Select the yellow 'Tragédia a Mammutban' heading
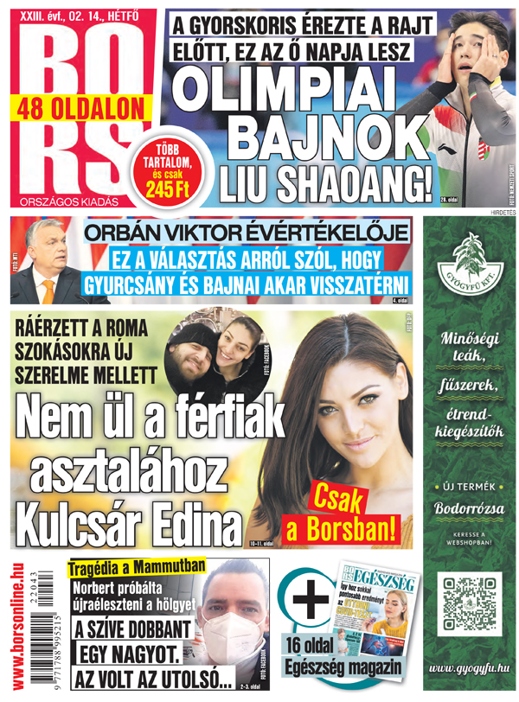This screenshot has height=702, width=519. [138, 567]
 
